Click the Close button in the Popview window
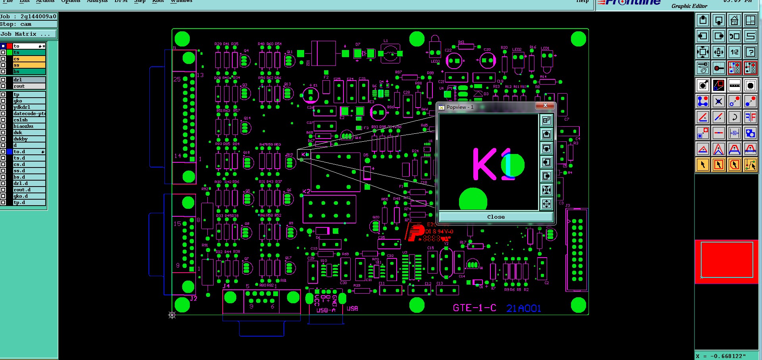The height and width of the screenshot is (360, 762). (x=496, y=217)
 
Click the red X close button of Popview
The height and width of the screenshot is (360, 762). (x=545, y=106)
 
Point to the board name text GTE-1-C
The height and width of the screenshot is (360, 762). (x=475, y=308)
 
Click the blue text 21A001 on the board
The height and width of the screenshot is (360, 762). (x=523, y=308)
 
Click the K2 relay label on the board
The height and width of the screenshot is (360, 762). (x=307, y=191)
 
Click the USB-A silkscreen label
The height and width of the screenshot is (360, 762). (x=326, y=310)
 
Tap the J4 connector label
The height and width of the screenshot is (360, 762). (x=226, y=286)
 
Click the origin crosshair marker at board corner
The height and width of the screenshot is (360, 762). (x=172, y=315)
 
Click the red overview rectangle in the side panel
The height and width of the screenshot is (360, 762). (x=726, y=260)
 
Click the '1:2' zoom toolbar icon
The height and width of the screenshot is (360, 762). (x=735, y=52)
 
